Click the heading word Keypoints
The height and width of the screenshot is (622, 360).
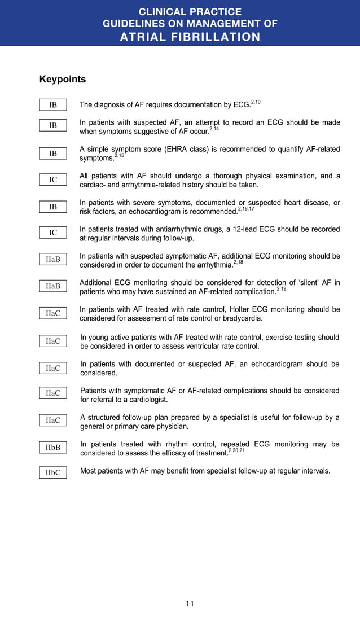(x=63, y=79)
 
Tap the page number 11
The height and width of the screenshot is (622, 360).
(x=190, y=603)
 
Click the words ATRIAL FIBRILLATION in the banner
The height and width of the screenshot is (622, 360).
(x=190, y=37)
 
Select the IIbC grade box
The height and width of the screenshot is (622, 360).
(x=53, y=472)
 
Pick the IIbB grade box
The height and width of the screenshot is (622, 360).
(x=53, y=448)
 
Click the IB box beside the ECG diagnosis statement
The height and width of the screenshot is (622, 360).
(x=53, y=104)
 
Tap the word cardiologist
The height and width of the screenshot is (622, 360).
(x=147, y=400)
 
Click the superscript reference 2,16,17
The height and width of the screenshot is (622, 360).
(x=246, y=209)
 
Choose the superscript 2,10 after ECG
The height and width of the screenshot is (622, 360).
(x=256, y=102)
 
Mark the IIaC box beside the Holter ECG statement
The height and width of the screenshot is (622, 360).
(x=53, y=313)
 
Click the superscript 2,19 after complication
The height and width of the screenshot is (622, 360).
(x=282, y=289)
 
